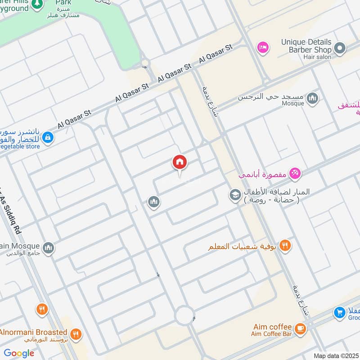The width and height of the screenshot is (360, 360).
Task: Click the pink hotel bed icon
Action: (262, 47)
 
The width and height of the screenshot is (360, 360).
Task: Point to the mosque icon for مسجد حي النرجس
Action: (312, 98)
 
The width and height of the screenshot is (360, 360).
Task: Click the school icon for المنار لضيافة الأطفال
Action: (234, 195)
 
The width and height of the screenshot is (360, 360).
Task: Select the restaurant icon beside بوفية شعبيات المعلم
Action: (284, 246)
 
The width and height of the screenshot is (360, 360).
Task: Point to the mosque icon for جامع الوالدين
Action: (48, 247)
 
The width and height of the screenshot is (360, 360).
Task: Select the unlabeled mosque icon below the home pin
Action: (154, 202)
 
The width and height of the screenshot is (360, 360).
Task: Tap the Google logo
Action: (19, 353)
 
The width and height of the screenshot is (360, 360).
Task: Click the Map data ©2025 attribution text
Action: (336, 355)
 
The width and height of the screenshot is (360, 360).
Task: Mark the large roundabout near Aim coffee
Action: (185, 315)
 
